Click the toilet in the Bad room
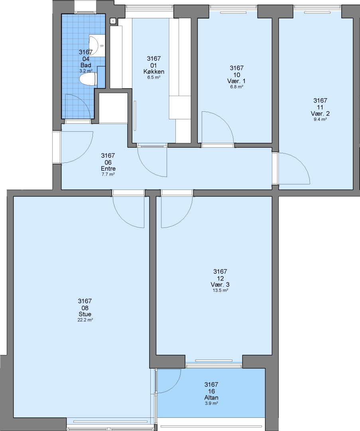(x=88, y=79)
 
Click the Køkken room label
(x=154, y=72)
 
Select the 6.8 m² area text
(x=237, y=87)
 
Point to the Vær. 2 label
(x=320, y=113)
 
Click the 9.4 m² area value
(x=320, y=119)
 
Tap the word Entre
(x=108, y=168)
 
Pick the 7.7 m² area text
(x=108, y=174)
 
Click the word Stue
(x=85, y=314)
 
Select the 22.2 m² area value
(x=85, y=320)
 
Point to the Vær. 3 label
(x=220, y=285)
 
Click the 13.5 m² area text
(x=220, y=290)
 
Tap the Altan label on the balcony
(x=211, y=397)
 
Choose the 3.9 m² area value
(x=211, y=403)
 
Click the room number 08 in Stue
(x=85, y=308)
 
